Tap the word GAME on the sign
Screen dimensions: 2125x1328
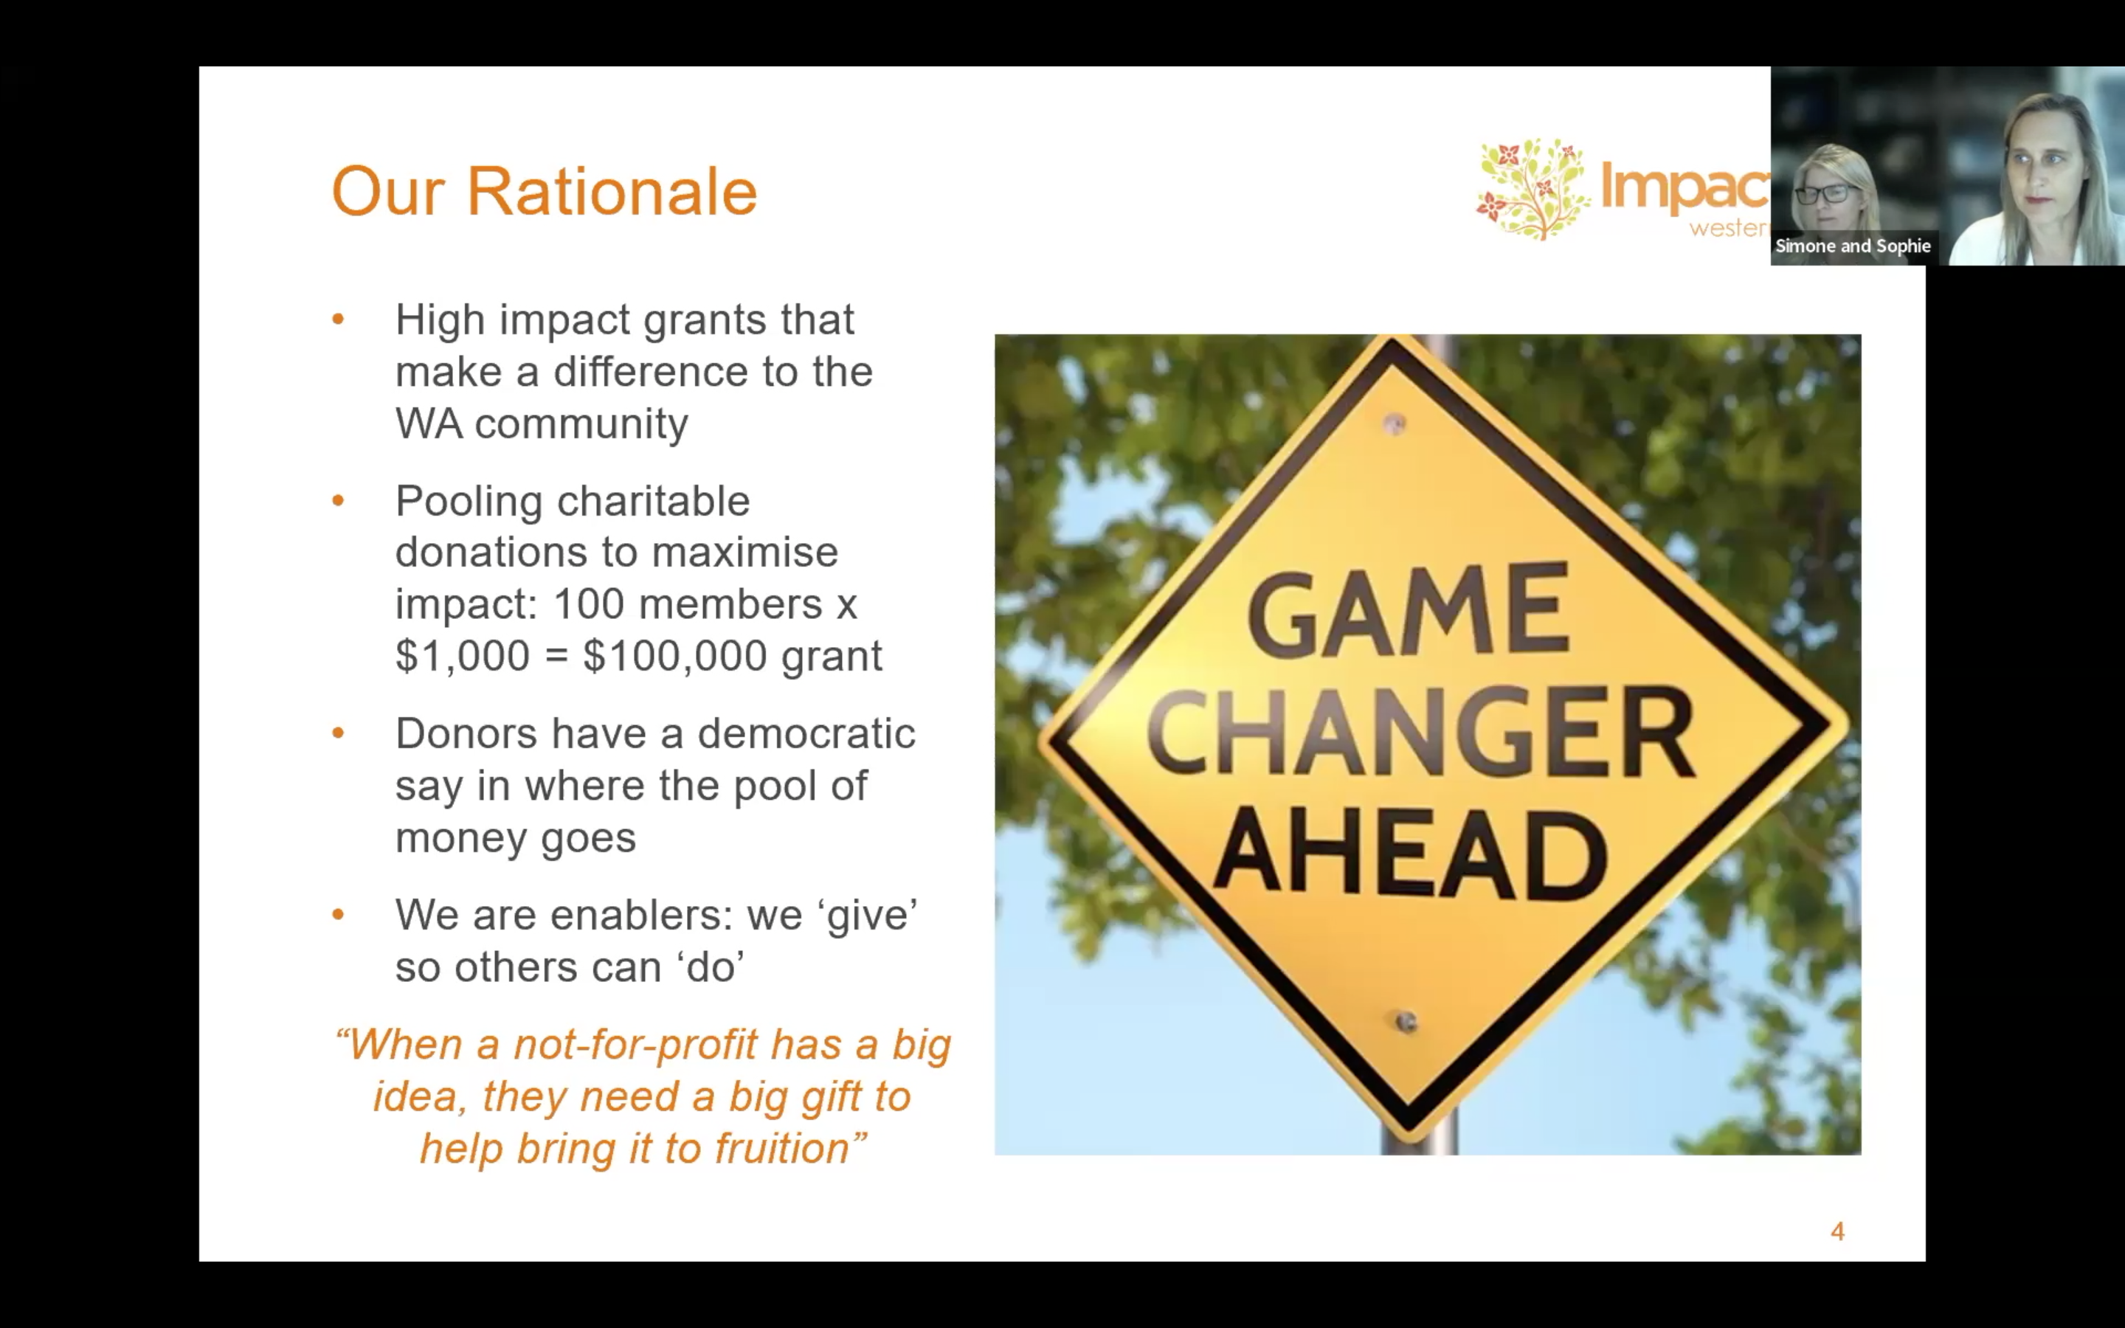[x=1409, y=610]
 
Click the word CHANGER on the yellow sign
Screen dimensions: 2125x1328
[x=1421, y=733]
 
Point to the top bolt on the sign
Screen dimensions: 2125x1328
[x=1395, y=424]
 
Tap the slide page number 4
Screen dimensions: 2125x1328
[x=1837, y=1231]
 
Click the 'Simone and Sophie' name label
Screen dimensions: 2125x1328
[x=1853, y=246]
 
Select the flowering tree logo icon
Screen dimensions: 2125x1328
[x=1533, y=189]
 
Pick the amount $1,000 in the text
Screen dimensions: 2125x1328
[x=463, y=656]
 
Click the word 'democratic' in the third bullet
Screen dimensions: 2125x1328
[x=806, y=733]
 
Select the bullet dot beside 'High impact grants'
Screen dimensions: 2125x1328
[x=338, y=319]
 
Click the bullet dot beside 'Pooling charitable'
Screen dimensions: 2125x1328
[x=338, y=502]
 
